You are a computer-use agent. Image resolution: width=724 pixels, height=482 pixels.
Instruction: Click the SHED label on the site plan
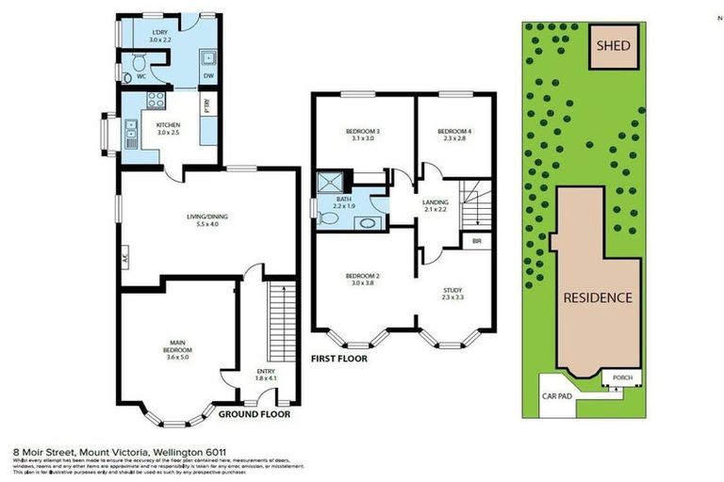[613, 45]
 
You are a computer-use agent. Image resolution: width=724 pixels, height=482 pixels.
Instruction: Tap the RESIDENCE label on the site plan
[597, 297]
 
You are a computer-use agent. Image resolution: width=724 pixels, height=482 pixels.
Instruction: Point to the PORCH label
[622, 378]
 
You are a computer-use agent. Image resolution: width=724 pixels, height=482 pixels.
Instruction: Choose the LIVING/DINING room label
[206, 217]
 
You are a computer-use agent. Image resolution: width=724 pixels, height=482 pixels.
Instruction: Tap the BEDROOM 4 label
[454, 131]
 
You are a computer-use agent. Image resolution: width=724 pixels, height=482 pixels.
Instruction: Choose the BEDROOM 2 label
[363, 276]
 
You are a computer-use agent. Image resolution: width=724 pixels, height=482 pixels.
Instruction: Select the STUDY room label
[453, 292]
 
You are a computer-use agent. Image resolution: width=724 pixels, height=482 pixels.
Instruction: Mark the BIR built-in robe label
[478, 240]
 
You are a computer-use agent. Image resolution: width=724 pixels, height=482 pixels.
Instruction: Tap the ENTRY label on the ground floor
[265, 373]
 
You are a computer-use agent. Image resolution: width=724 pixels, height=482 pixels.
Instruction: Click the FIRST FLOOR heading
[338, 359]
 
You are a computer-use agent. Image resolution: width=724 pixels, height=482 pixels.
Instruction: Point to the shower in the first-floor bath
[332, 182]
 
